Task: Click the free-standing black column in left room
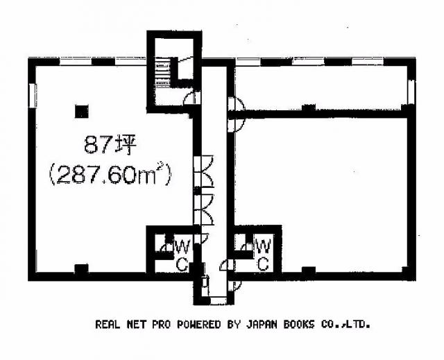click(x=82, y=111)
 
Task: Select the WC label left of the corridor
click(x=182, y=255)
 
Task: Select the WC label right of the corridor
click(x=264, y=255)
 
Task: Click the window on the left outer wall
click(x=33, y=96)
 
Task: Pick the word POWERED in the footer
click(x=199, y=325)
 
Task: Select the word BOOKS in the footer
click(x=299, y=325)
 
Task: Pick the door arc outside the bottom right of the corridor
click(x=234, y=286)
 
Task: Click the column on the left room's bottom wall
click(x=81, y=269)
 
